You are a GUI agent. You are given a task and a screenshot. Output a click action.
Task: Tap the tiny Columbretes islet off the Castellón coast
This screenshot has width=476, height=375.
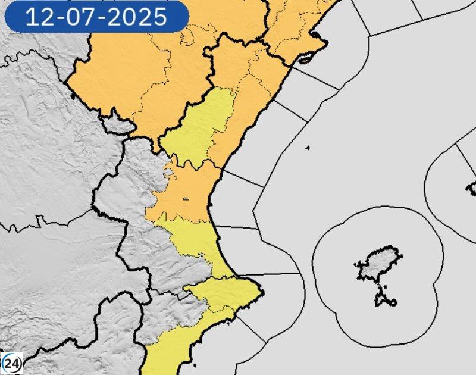[308, 148]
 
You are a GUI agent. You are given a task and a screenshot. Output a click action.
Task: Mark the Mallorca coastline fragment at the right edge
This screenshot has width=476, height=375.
[472, 189]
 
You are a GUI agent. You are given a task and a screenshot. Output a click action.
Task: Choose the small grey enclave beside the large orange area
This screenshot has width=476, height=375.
[117, 125]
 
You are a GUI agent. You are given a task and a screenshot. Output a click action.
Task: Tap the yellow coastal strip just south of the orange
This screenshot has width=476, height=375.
[196, 238]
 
